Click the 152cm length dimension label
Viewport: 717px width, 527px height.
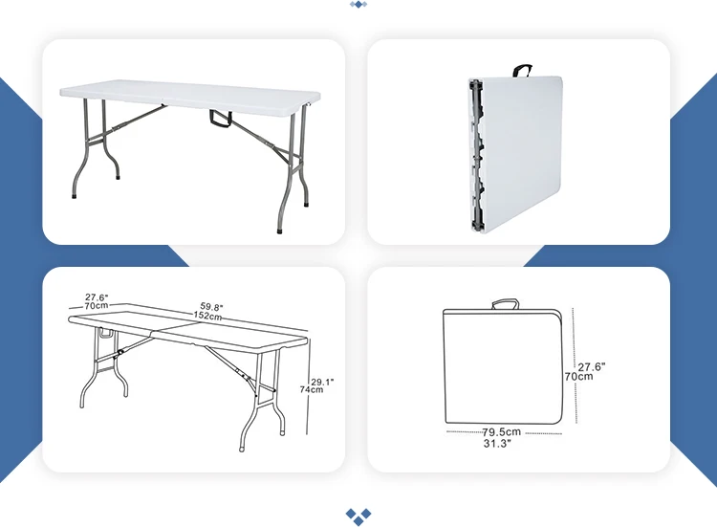207,316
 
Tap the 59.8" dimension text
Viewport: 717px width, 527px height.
211,307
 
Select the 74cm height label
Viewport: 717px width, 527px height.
312,390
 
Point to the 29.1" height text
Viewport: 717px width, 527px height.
322,382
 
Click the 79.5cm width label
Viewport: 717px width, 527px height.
502,432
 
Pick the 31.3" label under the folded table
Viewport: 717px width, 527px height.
497,443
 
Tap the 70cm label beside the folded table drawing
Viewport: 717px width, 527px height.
578,377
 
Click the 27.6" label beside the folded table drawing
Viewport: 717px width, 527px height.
592,367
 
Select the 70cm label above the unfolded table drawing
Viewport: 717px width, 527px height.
97,306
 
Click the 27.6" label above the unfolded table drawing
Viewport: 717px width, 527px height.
97,297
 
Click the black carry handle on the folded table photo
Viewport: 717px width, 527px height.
522,71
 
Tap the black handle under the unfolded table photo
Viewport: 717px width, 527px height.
221,118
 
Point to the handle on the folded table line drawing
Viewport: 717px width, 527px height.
506,304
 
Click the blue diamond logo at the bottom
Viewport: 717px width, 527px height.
358,516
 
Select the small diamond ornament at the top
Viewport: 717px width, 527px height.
358,5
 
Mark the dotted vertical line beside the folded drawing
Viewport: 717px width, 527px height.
575,365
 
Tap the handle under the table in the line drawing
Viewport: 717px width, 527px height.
106,334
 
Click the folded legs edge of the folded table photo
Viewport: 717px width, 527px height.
476,155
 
